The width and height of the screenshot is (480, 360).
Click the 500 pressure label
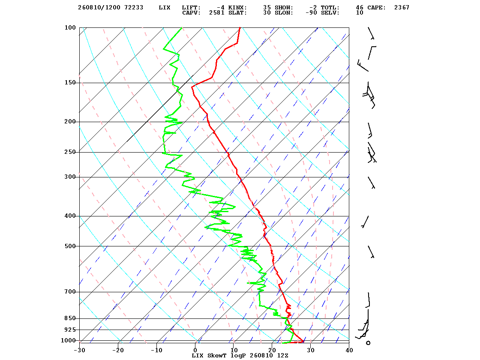click(70, 246)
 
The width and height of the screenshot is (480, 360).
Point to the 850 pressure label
click(70, 318)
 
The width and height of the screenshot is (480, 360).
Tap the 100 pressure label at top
click(70, 27)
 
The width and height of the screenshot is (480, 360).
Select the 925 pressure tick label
click(70, 330)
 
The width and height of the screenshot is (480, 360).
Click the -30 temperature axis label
click(79, 350)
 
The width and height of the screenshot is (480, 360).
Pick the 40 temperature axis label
click(349, 350)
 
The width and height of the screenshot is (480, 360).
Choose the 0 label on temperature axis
click(195, 350)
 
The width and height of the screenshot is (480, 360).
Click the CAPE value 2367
click(402, 7)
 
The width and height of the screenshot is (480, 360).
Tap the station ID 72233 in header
click(134, 7)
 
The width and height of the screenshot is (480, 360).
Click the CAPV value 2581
click(217, 12)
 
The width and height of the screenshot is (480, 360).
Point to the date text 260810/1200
click(99, 7)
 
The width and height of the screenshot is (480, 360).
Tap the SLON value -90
click(311, 12)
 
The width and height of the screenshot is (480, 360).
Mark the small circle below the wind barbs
click(368, 343)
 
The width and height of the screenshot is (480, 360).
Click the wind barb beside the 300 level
click(371, 183)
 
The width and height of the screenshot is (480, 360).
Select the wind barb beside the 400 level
click(365, 222)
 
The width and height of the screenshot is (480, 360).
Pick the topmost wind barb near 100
click(371, 33)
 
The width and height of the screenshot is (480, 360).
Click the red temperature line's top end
click(240, 27)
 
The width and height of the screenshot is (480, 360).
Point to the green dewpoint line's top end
click(182, 28)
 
